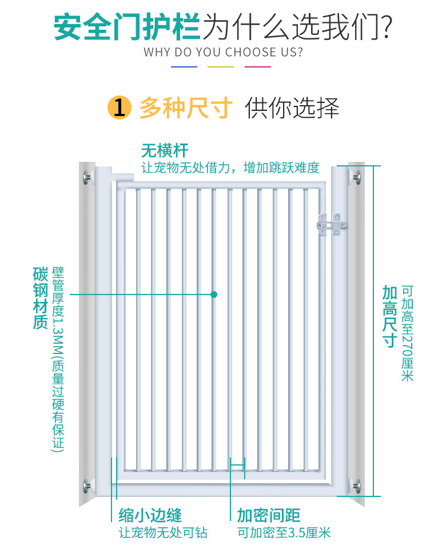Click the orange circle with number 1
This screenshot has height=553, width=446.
(119, 108)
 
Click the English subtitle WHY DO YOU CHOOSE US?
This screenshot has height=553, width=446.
(223, 53)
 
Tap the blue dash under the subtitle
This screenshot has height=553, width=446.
(184, 67)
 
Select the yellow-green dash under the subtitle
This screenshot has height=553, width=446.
(221, 67)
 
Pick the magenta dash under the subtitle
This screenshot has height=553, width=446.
(257, 67)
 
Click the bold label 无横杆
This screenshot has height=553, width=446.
(165, 150)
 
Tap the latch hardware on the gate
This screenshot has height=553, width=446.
(332, 224)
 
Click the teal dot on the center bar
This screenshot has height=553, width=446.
(214, 295)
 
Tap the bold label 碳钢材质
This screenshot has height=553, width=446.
(40, 298)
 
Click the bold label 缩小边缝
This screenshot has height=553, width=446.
(150, 515)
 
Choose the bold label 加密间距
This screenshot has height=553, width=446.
(269, 515)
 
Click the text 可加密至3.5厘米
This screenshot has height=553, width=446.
(284, 533)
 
